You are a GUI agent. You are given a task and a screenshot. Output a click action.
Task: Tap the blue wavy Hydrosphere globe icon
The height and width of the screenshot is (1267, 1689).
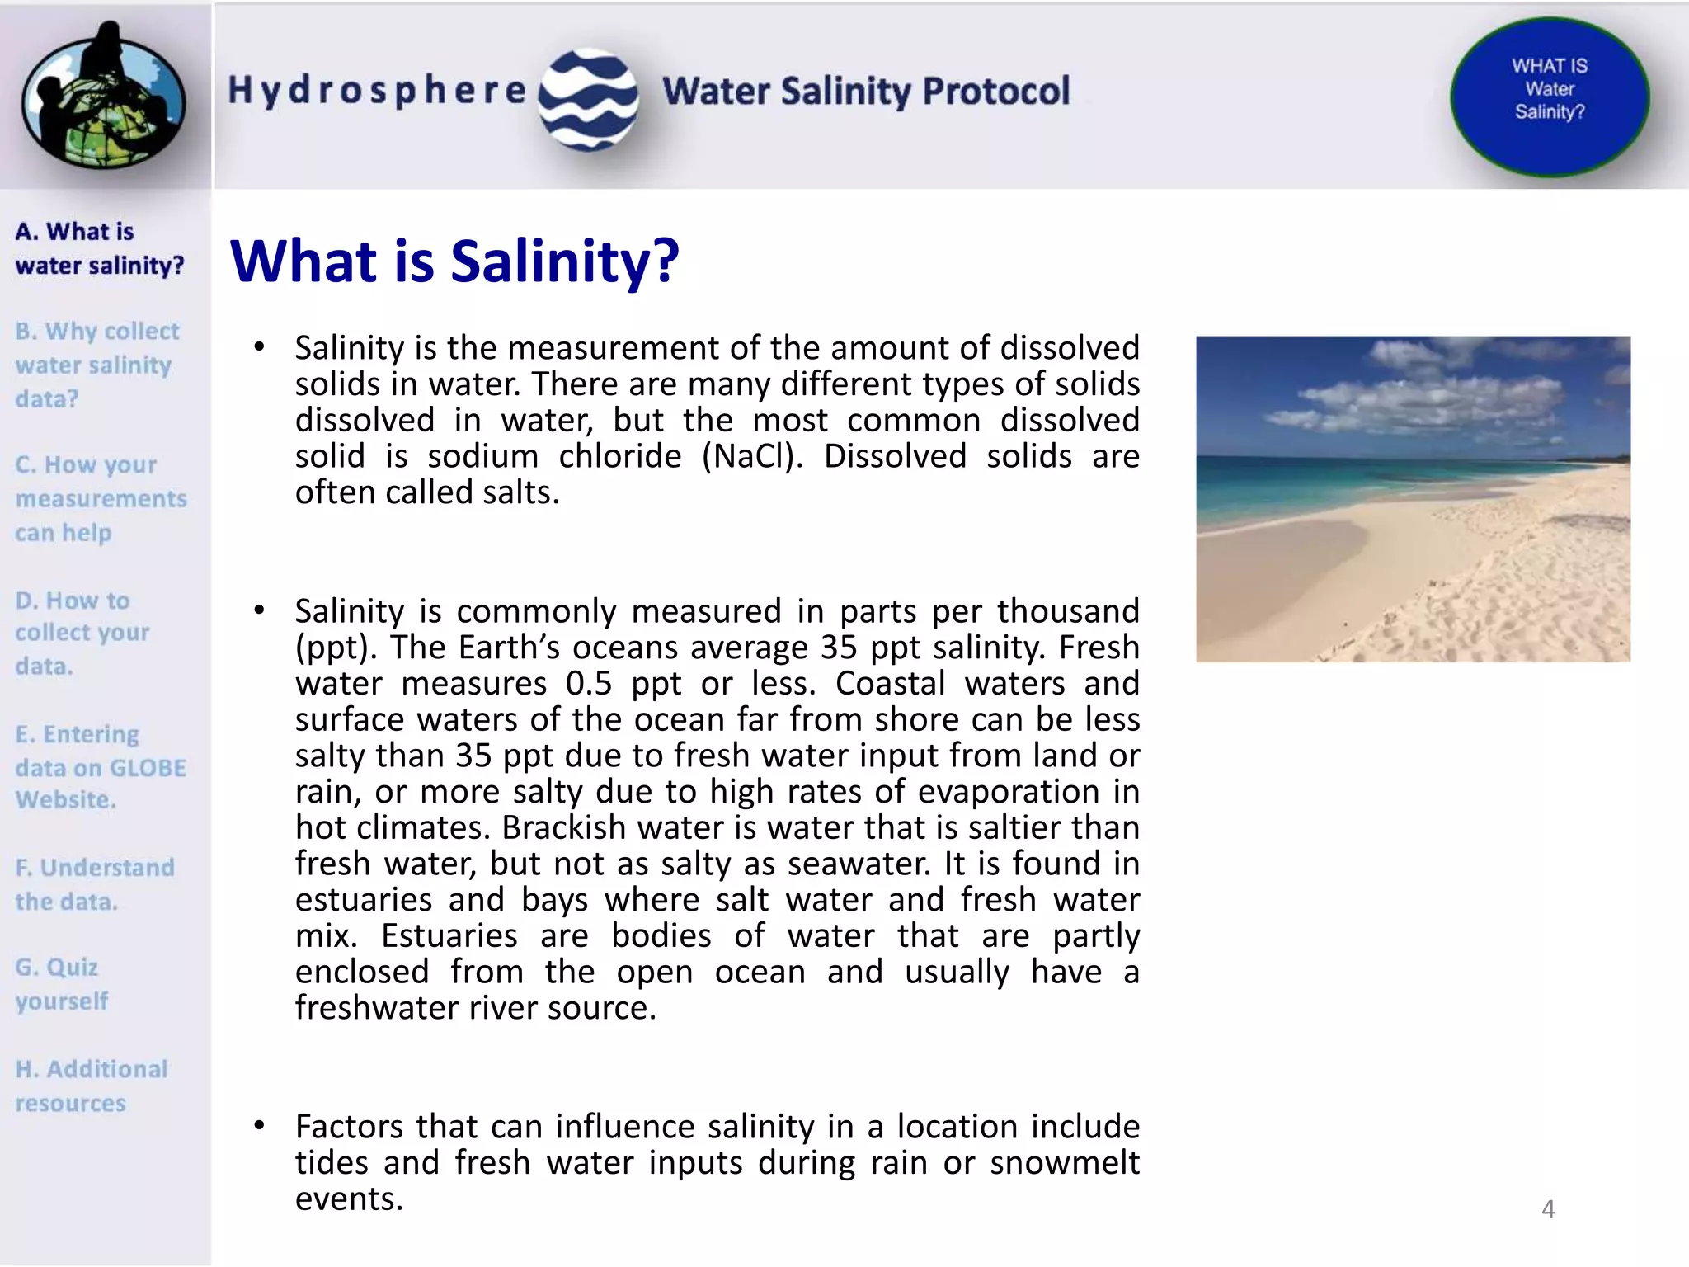[x=588, y=99]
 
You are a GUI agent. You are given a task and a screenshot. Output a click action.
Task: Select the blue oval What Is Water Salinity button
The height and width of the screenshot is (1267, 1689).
[x=1550, y=97]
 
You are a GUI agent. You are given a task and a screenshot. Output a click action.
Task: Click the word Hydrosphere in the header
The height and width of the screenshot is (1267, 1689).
[x=377, y=90]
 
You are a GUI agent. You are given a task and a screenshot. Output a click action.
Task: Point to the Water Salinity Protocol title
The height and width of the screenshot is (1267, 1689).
[x=865, y=91]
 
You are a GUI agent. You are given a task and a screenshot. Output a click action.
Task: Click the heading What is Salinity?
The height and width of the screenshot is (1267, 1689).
[x=454, y=261]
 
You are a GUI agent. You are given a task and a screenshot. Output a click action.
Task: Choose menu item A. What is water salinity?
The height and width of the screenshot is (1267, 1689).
[x=99, y=248]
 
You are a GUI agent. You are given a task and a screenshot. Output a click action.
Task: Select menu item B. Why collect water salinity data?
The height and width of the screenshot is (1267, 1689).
[x=96, y=365]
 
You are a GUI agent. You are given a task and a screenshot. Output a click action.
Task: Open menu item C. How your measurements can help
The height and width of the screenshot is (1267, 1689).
[x=101, y=498]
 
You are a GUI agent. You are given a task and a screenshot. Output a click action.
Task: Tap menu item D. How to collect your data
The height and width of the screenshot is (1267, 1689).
[x=82, y=633]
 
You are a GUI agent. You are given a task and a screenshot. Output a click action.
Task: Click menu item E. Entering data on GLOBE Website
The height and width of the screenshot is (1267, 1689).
[x=101, y=767]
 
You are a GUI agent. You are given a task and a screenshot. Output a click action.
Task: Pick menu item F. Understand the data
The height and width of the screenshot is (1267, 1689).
[x=95, y=884]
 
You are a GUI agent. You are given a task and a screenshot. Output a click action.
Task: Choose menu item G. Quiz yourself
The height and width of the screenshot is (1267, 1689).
[x=62, y=983]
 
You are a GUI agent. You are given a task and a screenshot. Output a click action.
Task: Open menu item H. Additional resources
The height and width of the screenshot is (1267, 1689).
[x=91, y=1086]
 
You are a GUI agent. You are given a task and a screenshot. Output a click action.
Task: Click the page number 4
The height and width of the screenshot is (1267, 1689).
[x=1548, y=1209]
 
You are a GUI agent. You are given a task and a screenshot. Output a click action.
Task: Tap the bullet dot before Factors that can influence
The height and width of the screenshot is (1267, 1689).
[x=259, y=1125]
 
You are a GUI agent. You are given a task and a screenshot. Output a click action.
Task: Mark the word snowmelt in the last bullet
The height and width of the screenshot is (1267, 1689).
[x=1065, y=1162]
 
